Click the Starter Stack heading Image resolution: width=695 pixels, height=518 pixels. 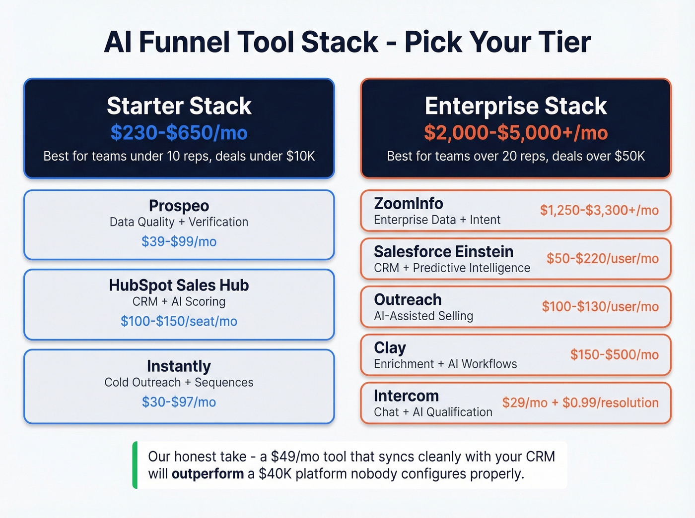tap(179, 106)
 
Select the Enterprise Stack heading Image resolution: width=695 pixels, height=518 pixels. tap(516, 106)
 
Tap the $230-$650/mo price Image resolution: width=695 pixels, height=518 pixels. tap(179, 133)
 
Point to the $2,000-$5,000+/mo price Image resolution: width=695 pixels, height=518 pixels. tap(516, 133)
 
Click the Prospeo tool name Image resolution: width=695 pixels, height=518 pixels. tap(179, 206)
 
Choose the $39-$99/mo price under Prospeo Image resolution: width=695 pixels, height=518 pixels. tap(179, 241)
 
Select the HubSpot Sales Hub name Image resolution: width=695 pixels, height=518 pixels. tap(179, 285)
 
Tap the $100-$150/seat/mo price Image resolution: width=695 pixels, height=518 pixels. tap(179, 321)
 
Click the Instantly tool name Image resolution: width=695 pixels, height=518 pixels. tap(179, 366)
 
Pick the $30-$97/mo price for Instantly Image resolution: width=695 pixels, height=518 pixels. tap(179, 402)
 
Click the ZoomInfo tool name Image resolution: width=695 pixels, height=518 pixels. tap(409, 203)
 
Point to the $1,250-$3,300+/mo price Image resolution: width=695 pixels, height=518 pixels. tap(599, 210)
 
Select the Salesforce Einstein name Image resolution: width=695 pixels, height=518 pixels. tap(443, 251)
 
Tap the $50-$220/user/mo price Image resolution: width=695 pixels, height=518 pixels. tap(602, 258)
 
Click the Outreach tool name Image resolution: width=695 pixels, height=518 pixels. tap(408, 299)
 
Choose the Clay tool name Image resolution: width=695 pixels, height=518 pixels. tap(390, 348)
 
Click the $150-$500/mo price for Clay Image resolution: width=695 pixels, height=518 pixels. tap(614, 354)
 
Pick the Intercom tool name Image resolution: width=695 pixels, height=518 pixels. tap(406, 396)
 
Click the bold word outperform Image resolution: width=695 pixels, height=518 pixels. tap(208, 474)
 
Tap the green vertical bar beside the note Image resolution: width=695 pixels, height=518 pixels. tap(135, 465)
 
